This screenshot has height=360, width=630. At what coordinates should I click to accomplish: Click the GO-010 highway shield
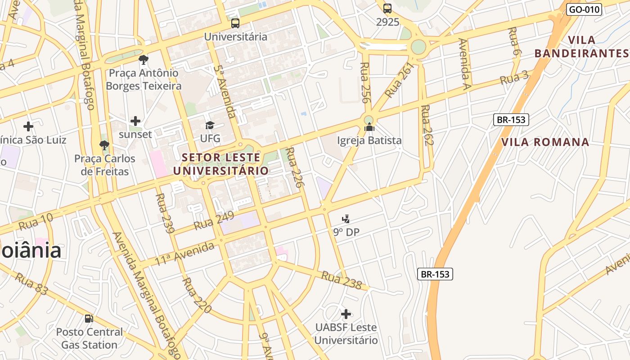[x=584, y=9]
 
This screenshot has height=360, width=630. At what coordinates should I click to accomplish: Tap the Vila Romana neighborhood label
[x=545, y=142]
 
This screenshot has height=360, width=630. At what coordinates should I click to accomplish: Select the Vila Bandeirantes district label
[x=581, y=46]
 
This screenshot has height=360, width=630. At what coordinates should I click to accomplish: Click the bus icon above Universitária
[x=235, y=23]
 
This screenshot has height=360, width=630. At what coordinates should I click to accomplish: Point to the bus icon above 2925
[x=387, y=8]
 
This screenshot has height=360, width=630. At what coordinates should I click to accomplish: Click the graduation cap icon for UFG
[x=210, y=125]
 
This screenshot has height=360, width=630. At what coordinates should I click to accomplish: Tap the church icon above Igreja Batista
[x=369, y=127]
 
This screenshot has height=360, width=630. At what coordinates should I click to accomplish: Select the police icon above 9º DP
[x=346, y=219]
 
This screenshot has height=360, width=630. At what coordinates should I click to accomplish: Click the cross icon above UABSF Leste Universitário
[x=346, y=314]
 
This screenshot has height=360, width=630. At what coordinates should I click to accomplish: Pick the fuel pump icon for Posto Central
[x=89, y=319]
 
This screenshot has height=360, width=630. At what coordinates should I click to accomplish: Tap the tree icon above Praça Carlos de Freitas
[x=104, y=145]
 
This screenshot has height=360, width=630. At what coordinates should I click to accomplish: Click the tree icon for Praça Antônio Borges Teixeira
[x=144, y=59]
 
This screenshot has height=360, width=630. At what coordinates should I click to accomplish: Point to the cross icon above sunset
[x=135, y=121]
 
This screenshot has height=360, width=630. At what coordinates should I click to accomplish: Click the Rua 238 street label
[x=341, y=279]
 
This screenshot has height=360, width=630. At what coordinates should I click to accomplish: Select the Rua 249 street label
[x=214, y=220]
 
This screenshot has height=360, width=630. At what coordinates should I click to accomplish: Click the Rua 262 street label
[x=427, y=126]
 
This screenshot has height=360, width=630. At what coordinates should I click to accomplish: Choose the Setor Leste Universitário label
[x=221, y=164]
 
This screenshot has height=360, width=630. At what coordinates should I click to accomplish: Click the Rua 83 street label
[x=31, y=283]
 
